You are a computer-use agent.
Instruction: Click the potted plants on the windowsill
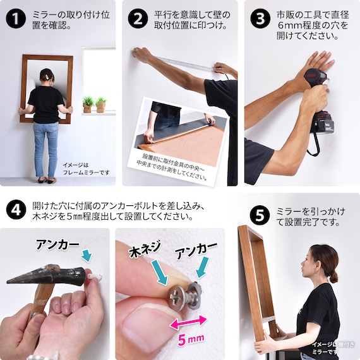[x=93, y=104]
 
